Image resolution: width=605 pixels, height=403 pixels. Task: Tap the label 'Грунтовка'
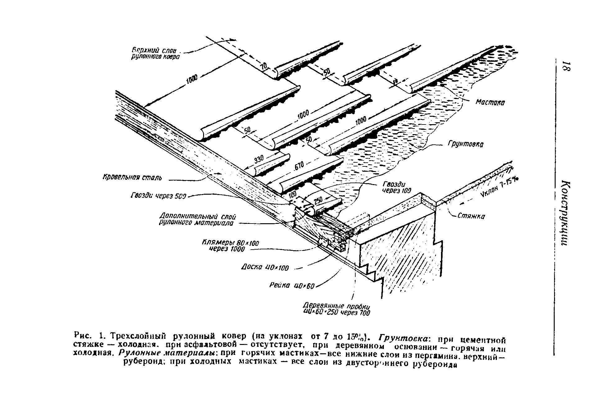pos(466,145)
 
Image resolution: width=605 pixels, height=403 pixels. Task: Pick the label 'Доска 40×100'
pos(265,267)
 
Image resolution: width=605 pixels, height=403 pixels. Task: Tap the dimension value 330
pos(259,159)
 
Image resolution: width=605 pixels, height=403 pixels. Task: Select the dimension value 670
pos(299,167)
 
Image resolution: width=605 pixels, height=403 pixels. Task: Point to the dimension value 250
pos(318,201)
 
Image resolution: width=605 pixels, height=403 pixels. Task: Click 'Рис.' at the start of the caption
pos(82,336)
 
